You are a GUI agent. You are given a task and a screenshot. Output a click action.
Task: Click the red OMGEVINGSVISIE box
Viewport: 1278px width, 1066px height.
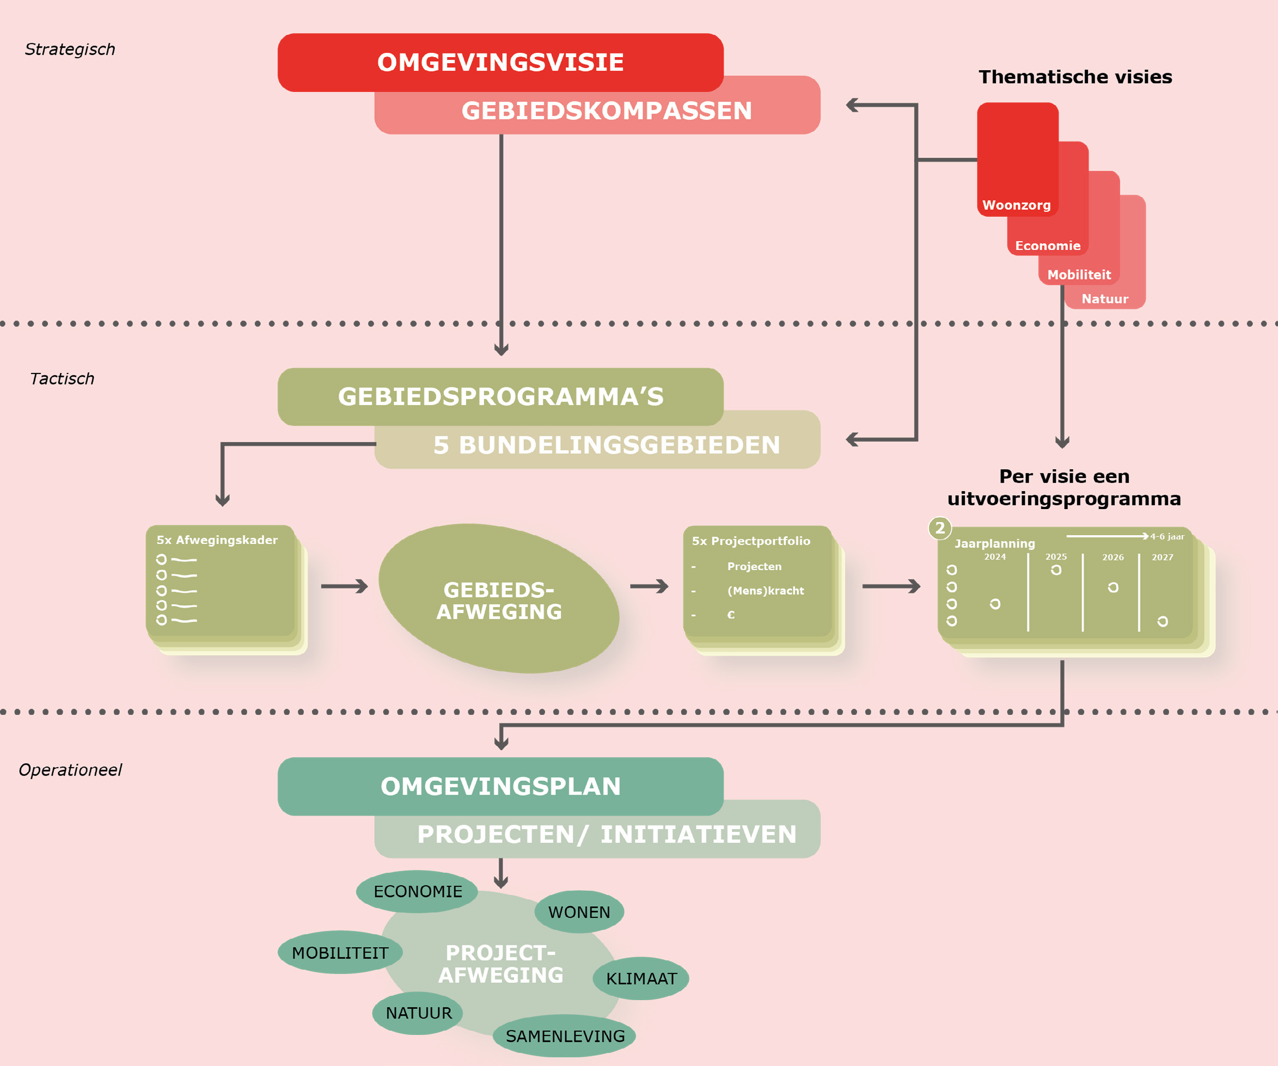[500, 62]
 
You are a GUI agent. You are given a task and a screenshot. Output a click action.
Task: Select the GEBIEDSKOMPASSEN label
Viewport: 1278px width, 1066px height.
[606, 111]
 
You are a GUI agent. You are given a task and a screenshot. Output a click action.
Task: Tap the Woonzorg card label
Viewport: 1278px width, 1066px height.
[1016, 205]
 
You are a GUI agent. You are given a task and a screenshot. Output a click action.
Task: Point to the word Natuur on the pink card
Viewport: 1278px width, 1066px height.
[1104, 299]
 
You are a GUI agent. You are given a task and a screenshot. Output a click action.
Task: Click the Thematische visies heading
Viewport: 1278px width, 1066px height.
[1075, 77]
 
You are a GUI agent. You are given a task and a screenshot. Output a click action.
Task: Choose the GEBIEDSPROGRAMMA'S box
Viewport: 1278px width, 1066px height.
[500, 397]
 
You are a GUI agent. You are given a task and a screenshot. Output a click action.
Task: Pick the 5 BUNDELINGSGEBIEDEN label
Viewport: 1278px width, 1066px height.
[606, 445]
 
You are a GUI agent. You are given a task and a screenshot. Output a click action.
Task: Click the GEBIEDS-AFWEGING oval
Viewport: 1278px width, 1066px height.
[499, 600]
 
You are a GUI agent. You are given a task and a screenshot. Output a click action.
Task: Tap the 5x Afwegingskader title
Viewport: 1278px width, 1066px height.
[217, 540]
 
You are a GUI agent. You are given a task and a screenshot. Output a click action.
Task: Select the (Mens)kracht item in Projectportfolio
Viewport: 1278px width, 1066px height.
[765, 590]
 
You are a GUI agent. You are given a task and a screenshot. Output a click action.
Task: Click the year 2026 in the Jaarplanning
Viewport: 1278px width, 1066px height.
[1112, 557]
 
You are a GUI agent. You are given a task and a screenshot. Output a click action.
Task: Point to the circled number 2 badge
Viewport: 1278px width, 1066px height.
[940, 528]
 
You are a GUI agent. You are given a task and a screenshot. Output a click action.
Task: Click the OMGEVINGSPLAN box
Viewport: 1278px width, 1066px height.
[500, 786]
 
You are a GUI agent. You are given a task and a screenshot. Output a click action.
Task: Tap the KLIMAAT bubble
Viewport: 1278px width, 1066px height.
[641, 978]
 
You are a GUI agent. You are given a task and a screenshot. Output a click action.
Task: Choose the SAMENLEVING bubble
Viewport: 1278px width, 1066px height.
[565, 1036]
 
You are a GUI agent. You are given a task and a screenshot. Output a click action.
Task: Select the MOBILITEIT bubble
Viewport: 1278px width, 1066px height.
[340, 952]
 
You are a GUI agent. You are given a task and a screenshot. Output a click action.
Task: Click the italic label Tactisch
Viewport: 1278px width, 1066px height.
[62, 378]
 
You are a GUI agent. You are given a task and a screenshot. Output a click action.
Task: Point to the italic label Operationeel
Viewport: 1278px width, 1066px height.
[70, 770]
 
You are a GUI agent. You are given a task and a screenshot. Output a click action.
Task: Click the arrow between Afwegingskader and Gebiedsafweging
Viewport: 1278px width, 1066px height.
[345, 586]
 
